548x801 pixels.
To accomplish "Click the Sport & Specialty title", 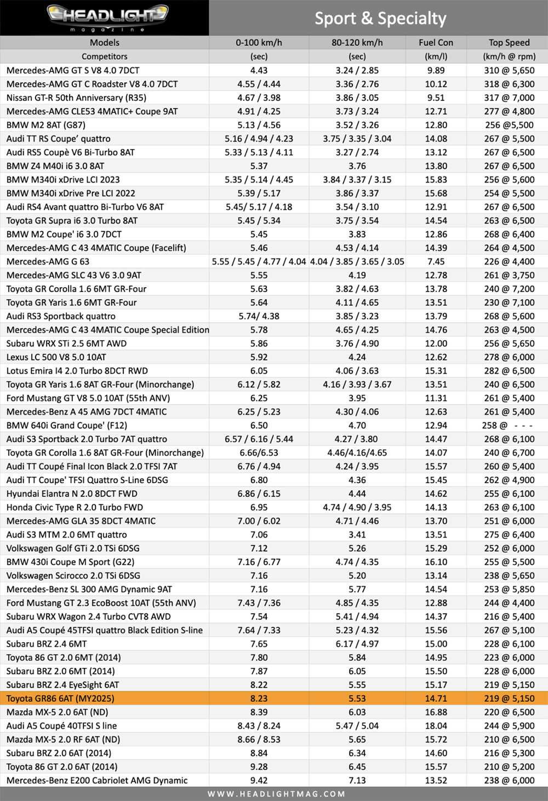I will click(380, 19).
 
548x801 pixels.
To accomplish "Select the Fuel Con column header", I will click(436, 43).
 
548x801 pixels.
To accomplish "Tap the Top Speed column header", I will click(509, 43).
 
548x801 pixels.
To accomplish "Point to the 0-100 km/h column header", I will click(259, 43).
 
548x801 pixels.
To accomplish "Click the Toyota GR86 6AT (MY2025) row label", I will click(60, 699).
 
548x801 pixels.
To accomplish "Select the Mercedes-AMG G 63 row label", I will click(48, 261).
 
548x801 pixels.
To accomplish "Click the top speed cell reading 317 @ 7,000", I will click(509, 98).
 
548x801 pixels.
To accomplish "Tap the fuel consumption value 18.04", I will click(436, 726).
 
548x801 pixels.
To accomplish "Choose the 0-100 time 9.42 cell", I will click(259, 780).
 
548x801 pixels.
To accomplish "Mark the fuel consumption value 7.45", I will click(436, 261).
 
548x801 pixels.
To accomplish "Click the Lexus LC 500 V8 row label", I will click(56, 357).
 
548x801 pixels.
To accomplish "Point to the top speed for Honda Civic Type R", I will click(509, 507).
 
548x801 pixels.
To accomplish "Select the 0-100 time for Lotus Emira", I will click(259, 371).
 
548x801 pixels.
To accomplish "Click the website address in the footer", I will click(276, 794).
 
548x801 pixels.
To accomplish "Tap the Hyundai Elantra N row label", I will click(72, 494).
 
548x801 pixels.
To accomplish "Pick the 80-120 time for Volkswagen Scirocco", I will click(357, 576).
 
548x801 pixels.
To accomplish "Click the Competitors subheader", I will click(104, 56).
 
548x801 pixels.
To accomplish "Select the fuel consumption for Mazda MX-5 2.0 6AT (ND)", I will click(436, 712).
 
